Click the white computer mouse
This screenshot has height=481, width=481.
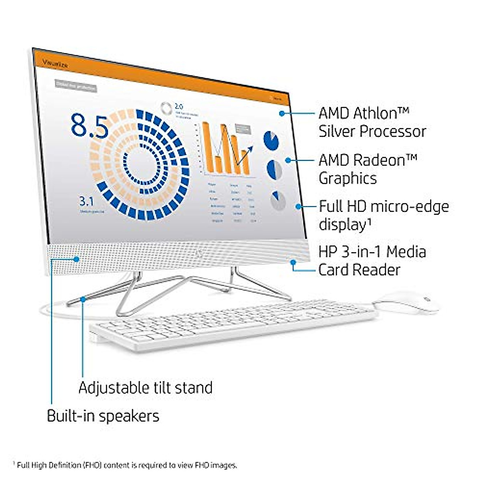point(405,302)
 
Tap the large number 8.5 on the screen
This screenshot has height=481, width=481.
point(90,125)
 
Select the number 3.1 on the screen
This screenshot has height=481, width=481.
point(87,201)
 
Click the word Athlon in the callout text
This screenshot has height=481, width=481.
point(381,113)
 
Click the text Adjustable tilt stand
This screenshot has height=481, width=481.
point(146,388)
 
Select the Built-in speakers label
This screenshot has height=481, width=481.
point(103,416)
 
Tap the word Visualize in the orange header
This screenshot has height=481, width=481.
point(55,64)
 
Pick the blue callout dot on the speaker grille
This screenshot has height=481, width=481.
point(76,259)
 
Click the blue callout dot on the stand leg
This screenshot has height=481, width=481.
point(83,298)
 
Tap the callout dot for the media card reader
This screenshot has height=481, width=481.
point(293,262)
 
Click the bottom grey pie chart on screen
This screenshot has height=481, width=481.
point(278,201)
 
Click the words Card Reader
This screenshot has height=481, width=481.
point(359,270)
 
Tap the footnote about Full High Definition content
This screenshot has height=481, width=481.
point(126,465)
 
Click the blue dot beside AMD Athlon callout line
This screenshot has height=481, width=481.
point(282,113)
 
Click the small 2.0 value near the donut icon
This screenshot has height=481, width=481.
point(179,107)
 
